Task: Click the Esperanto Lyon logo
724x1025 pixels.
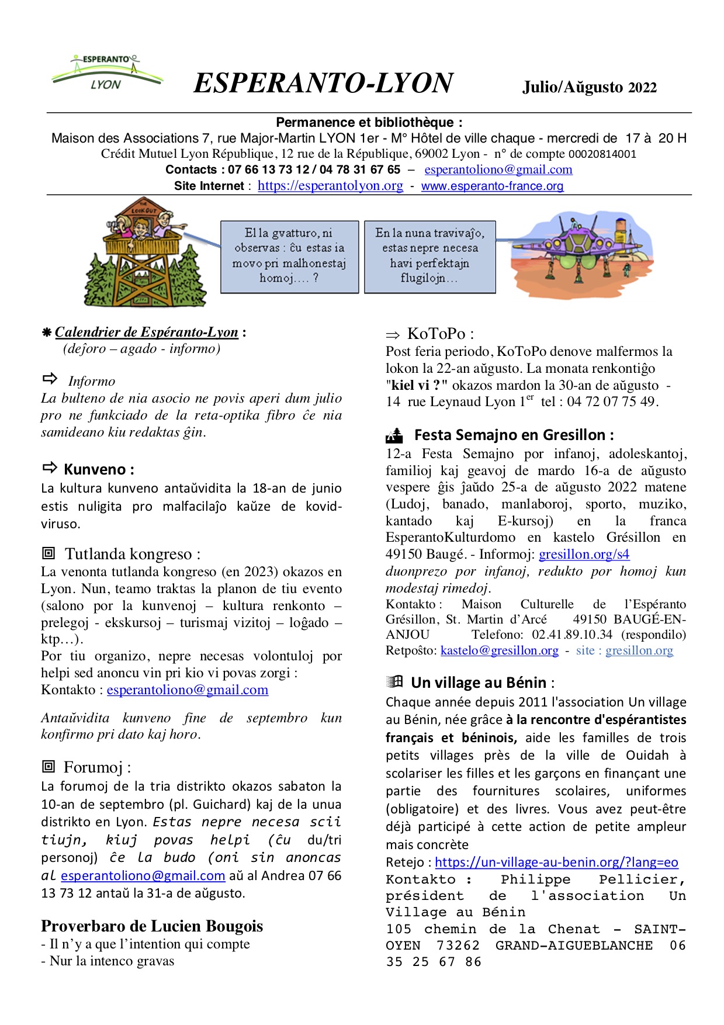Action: pyautogui.click(x=107, y=73)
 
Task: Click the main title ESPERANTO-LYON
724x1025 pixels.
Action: pyautogui.click(x=323, y=83)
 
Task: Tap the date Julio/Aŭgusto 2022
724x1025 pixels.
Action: pyautogui.click(x=589, y=87)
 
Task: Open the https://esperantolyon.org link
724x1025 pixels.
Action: pyautogui.click(x=330, y=186)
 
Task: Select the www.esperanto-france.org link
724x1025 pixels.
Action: pyautogui.click(x=492, y=186)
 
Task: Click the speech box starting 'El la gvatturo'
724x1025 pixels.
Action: pyautogui.click(x=289, y=257)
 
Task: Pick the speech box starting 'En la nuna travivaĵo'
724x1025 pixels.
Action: pyautogui.click(x=429, y=257)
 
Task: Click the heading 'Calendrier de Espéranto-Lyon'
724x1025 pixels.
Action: pyautogui.click(x=147, y=332)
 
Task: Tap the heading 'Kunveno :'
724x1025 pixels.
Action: pyautogui.click(x=99, y=469)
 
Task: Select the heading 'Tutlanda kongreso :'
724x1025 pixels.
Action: pyautogui.click(x=132, y=553)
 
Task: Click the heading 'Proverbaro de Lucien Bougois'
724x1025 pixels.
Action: pyautogui.click(x=152, y=926)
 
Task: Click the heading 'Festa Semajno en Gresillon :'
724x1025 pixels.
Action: pyautogui.click(x=514, y=435)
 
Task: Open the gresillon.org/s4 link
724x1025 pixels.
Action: pyautogui.click(x=584, y=554)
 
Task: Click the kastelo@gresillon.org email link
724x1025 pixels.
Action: pyautogui.click(x=499, y=650)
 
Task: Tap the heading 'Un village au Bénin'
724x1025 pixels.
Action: pyautogui.click(x=479, y=683)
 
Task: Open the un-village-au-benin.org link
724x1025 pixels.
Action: pyautogui.click(x=556, y=862)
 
